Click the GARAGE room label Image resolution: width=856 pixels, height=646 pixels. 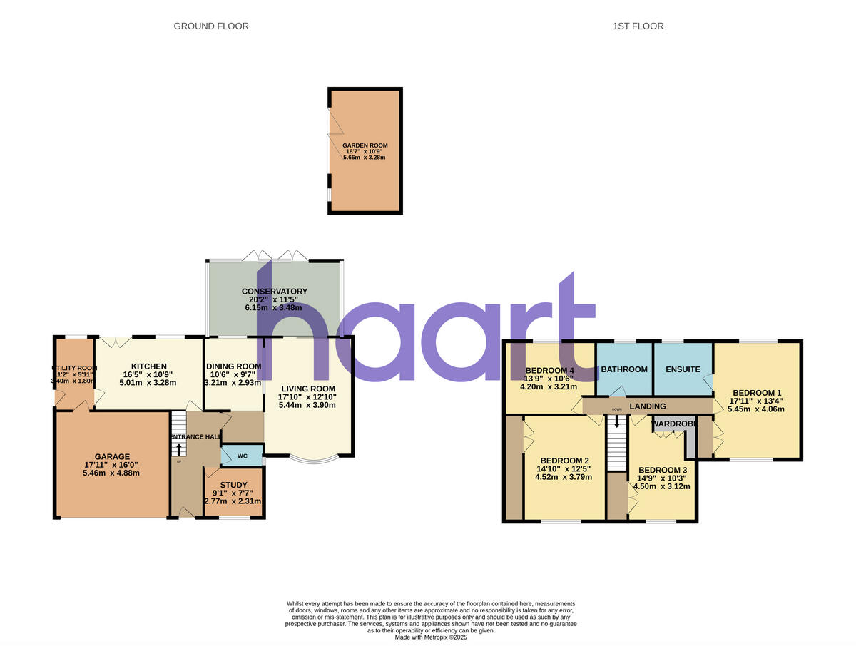tap(113, 457)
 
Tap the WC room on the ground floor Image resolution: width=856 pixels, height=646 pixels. tap(242, 455)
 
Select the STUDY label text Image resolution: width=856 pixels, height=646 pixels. tap(233, 485)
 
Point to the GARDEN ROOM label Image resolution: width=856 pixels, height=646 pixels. tap(365, 145)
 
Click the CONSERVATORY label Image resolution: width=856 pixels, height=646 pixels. tap(275, 292)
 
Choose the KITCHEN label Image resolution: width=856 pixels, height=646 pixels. tap(148, 366)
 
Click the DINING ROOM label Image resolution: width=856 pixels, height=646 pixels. tap(234, 366)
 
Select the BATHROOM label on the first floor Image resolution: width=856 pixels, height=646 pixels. tap(624, 369)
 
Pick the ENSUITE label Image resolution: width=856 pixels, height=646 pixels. tap(683, 369)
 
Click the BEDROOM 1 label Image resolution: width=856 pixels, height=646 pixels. tap(757, 393)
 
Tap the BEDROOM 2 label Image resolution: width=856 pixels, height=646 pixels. tap(564, 461)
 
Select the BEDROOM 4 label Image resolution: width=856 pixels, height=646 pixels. tap(549, 371)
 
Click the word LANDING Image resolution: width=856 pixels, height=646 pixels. tap(647, 406)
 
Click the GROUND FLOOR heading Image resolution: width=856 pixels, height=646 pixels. tap(211, 26)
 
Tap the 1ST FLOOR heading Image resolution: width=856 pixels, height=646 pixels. tap(638, 26)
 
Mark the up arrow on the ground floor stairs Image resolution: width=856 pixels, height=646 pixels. tap(178, 449)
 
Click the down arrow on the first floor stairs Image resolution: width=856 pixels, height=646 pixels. tap(617, 423)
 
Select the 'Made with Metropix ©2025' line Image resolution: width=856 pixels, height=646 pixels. tap(431, 637)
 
